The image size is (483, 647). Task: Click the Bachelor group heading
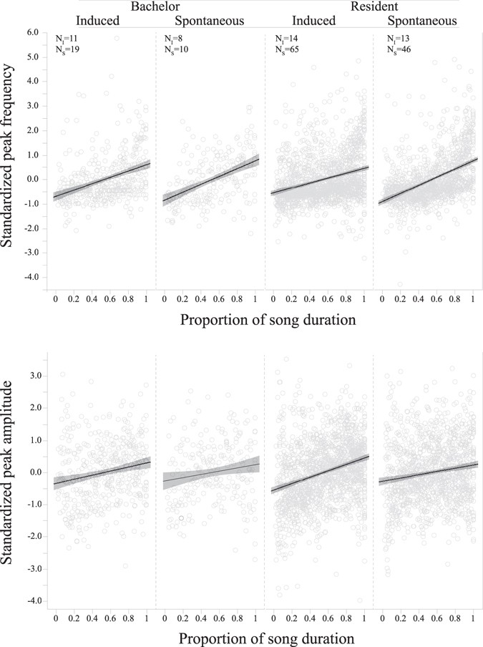[155, 6]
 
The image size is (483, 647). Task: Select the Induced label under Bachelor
[98, 21]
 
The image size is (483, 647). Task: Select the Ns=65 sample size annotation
[286, 47]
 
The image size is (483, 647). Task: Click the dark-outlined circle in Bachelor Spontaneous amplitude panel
[182, 517]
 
